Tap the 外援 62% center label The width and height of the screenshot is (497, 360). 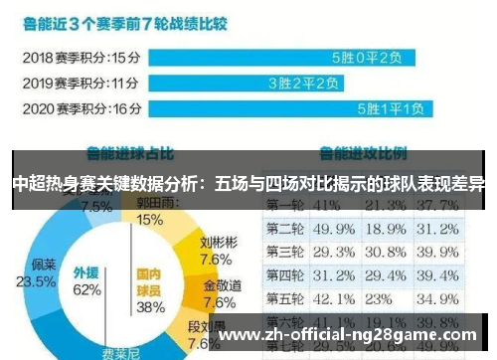pyautogui.click(x=86, y=281)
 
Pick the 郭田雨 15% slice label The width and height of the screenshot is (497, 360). pyautogui.click(x=150, y=212)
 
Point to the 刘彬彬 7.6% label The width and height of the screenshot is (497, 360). pyautogui.click(x=217, y=252)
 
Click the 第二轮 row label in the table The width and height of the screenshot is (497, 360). pyautogui.click(x=285, y=230)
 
